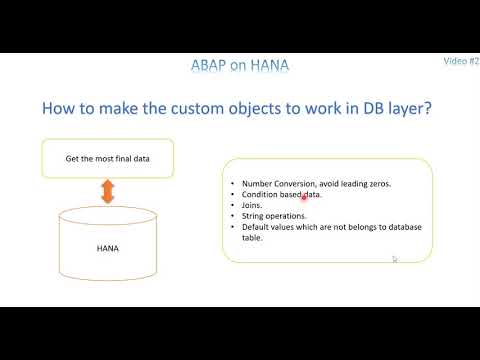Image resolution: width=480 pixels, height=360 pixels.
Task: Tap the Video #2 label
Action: click(x=461, y=61)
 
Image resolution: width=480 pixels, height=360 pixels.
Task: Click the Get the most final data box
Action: click(x=107, y=158)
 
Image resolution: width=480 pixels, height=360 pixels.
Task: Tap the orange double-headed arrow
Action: click(x=107, y=193)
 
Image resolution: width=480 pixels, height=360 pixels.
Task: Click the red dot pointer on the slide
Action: click(x=303, y=197)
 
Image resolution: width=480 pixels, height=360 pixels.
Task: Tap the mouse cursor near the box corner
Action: click(x=395, y=259)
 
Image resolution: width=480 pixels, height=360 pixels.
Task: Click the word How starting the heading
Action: click(x=59, y=108)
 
